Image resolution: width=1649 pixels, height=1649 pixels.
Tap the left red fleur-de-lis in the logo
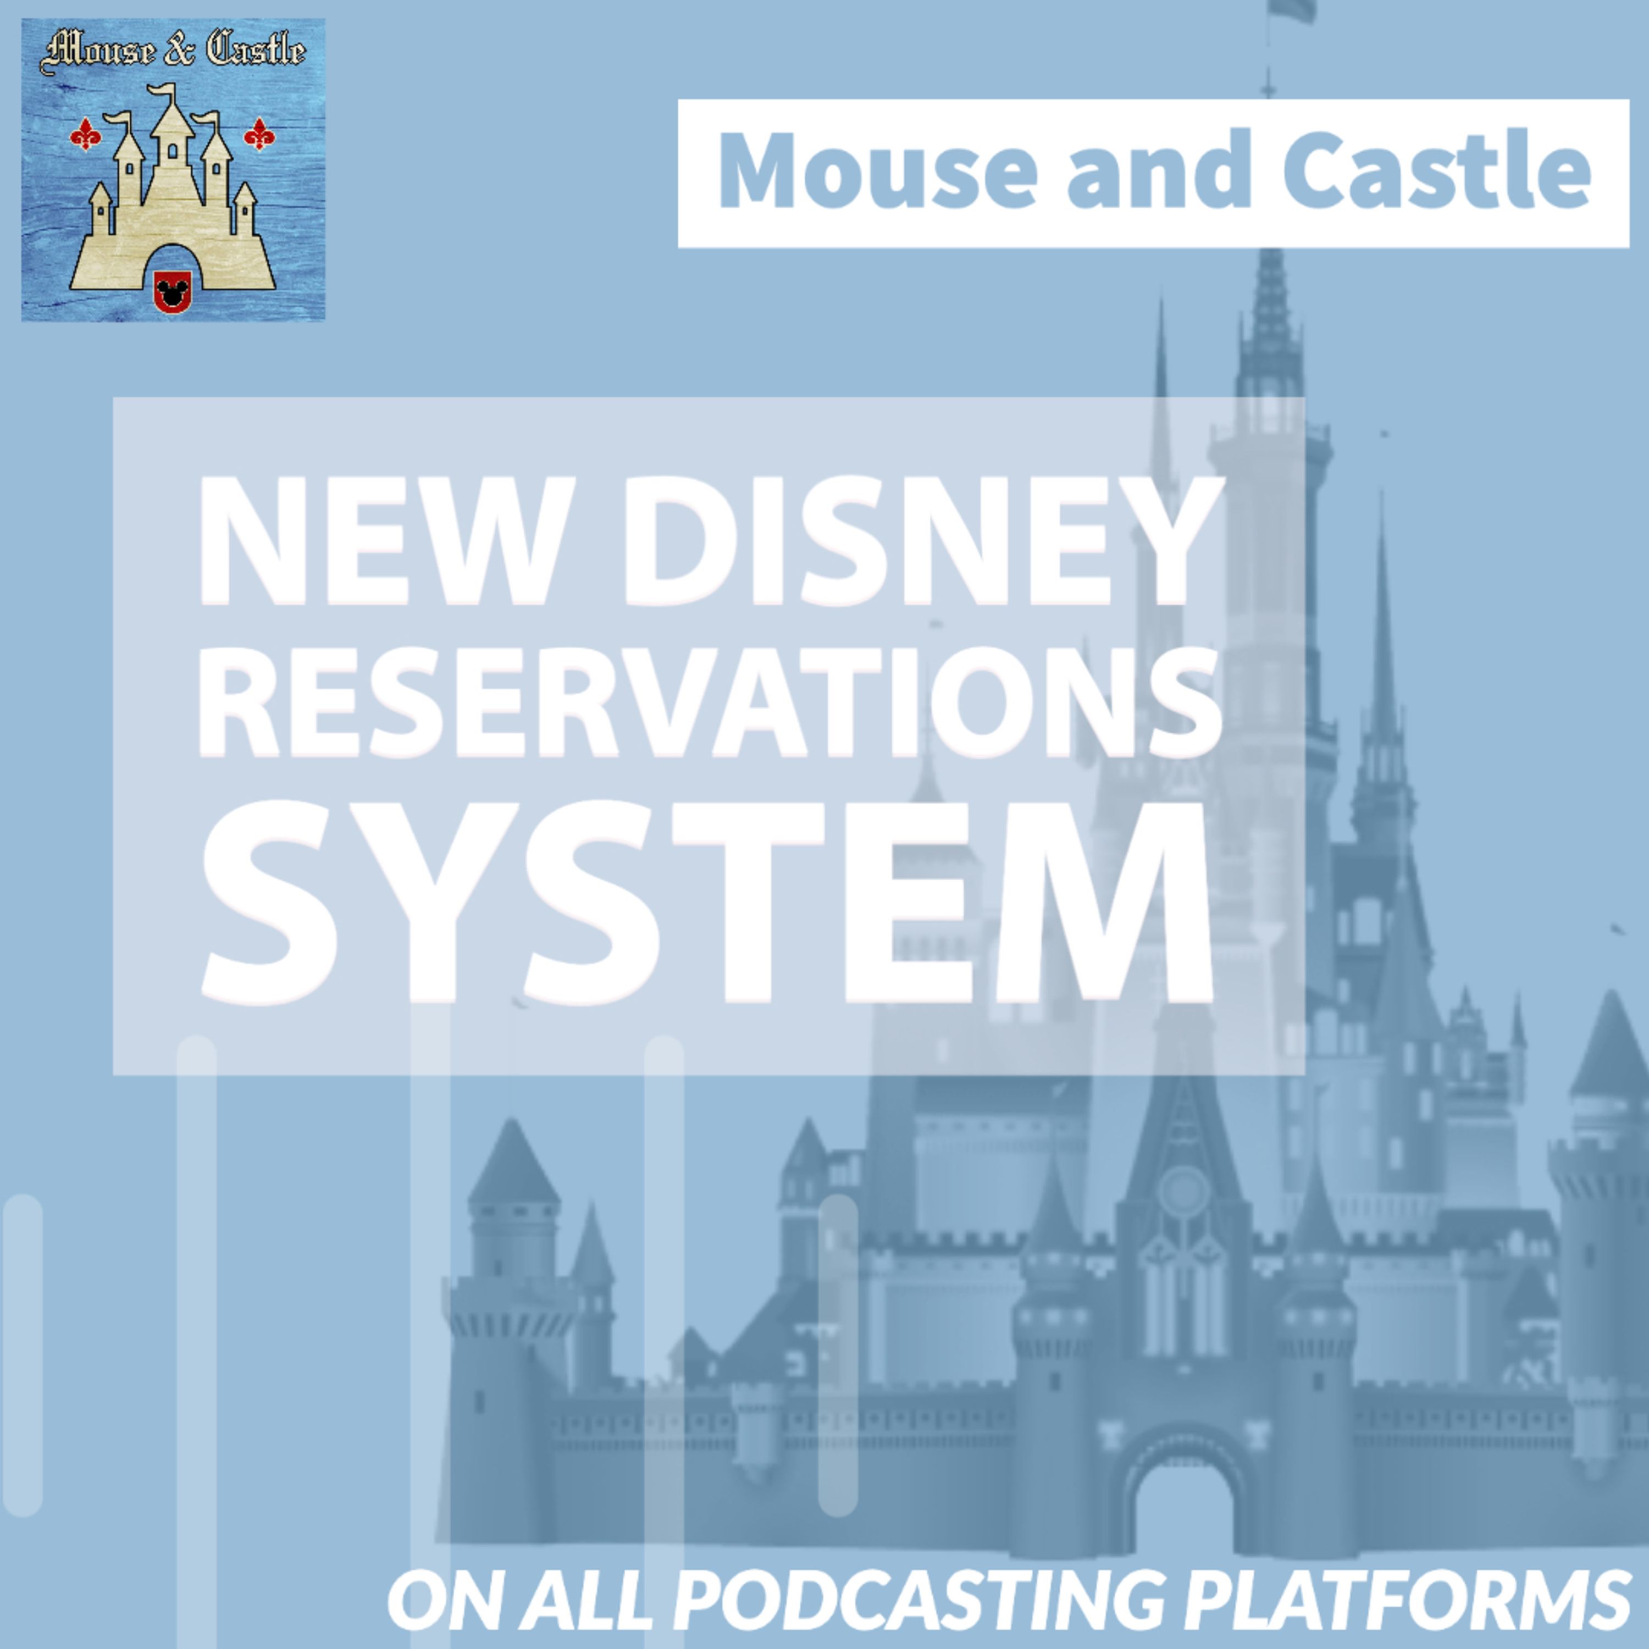pyautogui.click(x=85, y=135)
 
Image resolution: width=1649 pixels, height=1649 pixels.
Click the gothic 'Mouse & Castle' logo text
pyautogui.click(x=173, y=52)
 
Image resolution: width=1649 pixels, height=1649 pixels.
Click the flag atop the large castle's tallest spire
pyautogui.click(x=1291, y=10)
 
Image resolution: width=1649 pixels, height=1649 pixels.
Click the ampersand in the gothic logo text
pyautogui.click(x=176, y=52)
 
